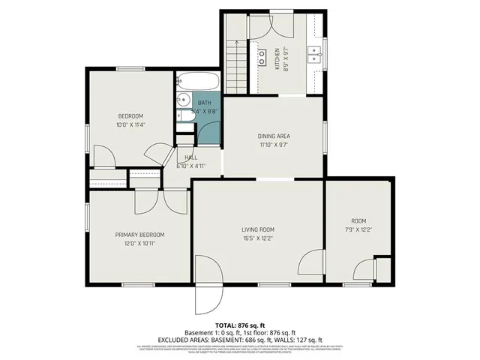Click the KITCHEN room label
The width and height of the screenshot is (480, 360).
pos(276,53)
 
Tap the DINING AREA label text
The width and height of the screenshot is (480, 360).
pos(274,136)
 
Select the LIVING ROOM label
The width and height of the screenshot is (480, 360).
pos(257,229)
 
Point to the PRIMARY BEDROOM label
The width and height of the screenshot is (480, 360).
pos(139,235)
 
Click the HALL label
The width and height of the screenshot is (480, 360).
pos(190,157)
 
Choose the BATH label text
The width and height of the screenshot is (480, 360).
pos(204,103)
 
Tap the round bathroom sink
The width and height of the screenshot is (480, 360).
pos(184,99)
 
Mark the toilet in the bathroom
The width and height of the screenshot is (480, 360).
pos(183,115)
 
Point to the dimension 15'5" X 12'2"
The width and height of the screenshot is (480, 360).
pos(257,238)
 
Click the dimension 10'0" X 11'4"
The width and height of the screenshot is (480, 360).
pos(130,125)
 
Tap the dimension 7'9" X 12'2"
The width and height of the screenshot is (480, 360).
pos(358,229)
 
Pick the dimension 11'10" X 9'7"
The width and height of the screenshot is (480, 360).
pos(274,145)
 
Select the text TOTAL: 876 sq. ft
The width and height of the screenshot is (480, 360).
pos(240,325)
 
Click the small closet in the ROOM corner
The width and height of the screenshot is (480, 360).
pos(382,269)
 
